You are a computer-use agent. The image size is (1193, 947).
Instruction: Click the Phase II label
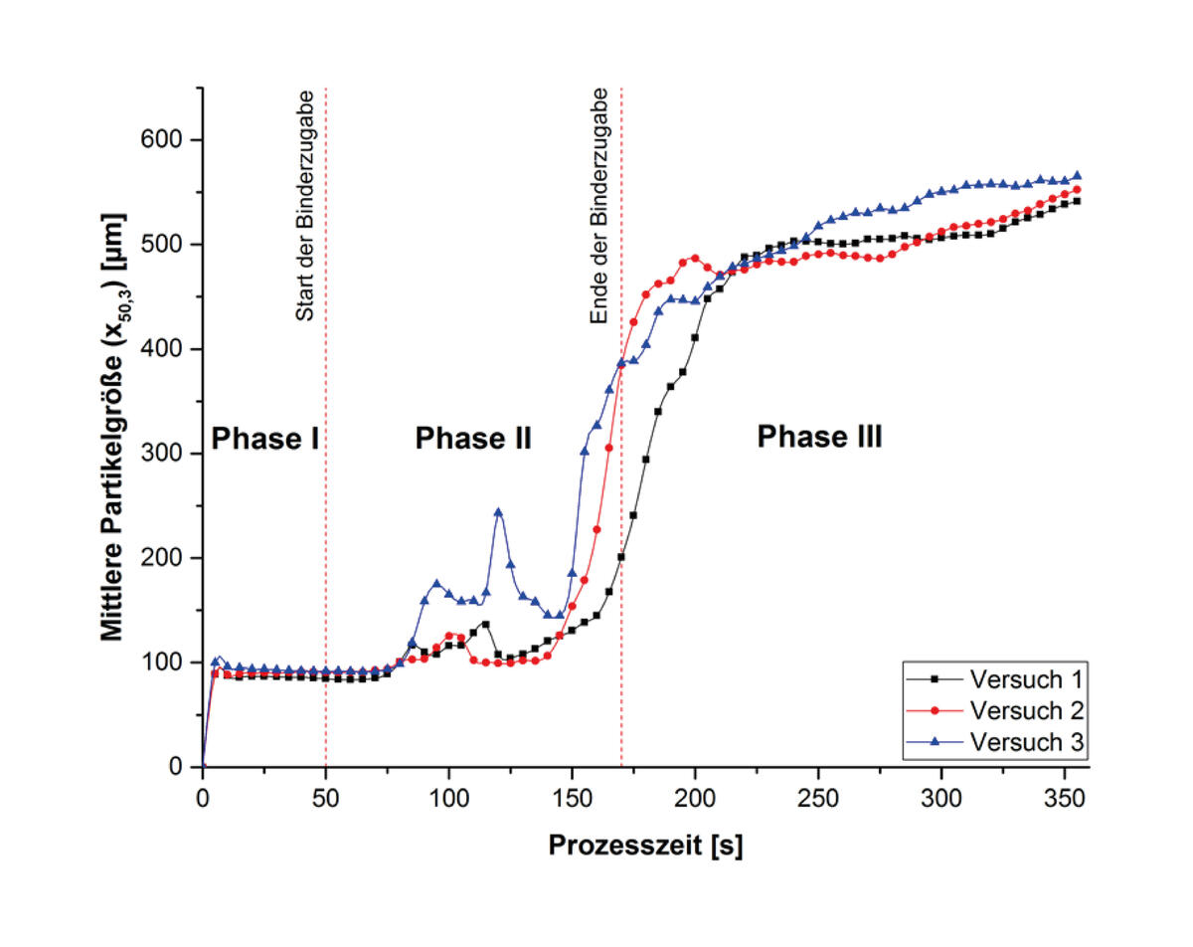pos(473,438)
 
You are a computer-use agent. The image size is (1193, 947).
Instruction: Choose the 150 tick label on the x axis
pos(572,798)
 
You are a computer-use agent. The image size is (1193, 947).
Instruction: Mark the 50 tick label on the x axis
pos(326,798)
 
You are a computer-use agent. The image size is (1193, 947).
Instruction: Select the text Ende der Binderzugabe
pos(599,206)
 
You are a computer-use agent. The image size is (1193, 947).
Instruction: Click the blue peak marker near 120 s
pos(498,512)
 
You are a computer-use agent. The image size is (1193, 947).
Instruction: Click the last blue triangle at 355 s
pos(1077,175)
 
